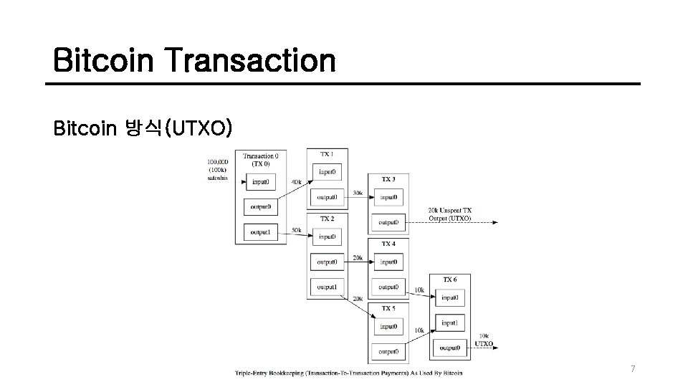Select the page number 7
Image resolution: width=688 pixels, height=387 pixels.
point(633,368)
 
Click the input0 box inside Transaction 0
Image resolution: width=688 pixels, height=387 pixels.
point(260,182)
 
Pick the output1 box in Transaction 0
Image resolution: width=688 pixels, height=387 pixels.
point(260,232)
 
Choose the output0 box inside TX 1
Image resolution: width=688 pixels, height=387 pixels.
point(326,197)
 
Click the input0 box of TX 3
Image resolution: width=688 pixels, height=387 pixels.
point(388,197)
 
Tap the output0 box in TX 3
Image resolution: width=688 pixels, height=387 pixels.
point(388,223)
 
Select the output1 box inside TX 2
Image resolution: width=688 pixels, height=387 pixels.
point(326,287)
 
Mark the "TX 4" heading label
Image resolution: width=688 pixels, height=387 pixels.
point(388,244)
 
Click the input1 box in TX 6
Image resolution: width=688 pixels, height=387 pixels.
point(449,322)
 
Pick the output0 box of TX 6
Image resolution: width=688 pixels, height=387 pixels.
point(449,348)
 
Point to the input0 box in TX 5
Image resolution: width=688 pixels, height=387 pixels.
point(388,326)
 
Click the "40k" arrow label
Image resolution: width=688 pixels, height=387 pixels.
point(296,182)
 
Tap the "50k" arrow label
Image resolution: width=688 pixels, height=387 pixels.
point(296,231)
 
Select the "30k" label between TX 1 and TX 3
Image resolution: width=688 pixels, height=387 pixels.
point(358,193)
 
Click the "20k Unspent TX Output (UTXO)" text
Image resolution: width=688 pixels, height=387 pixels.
point(450,214)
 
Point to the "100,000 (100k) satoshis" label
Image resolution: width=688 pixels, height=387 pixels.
point(217,170)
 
